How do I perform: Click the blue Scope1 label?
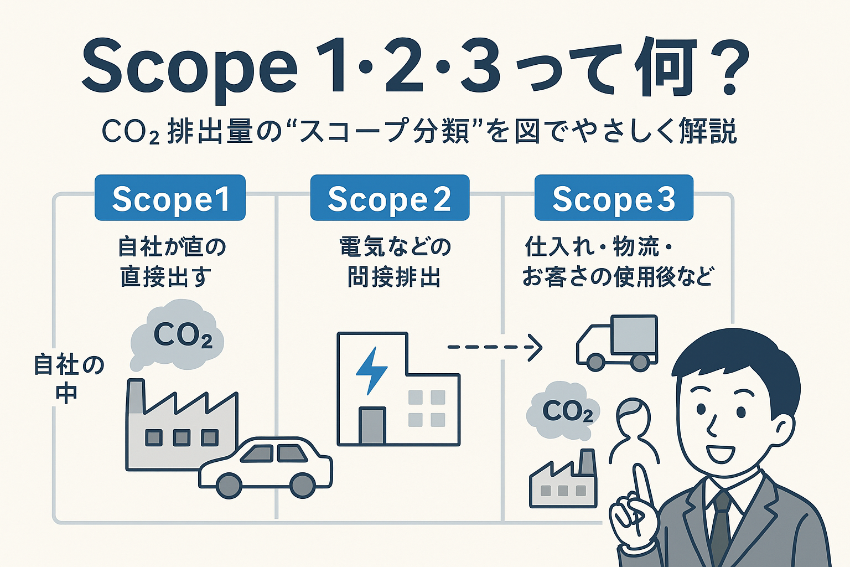(170, 198)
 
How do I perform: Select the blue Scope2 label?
(390, 198)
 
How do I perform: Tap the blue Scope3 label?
(614, 198)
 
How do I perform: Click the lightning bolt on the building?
(371, 370)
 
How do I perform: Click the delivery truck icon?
(617, 343)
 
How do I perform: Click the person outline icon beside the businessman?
(633, 429)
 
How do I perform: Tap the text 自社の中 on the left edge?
(68, 379)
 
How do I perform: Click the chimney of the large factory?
(135, 396)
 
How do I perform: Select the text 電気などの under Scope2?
(395, 246)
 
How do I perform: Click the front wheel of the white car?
(229, 485)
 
